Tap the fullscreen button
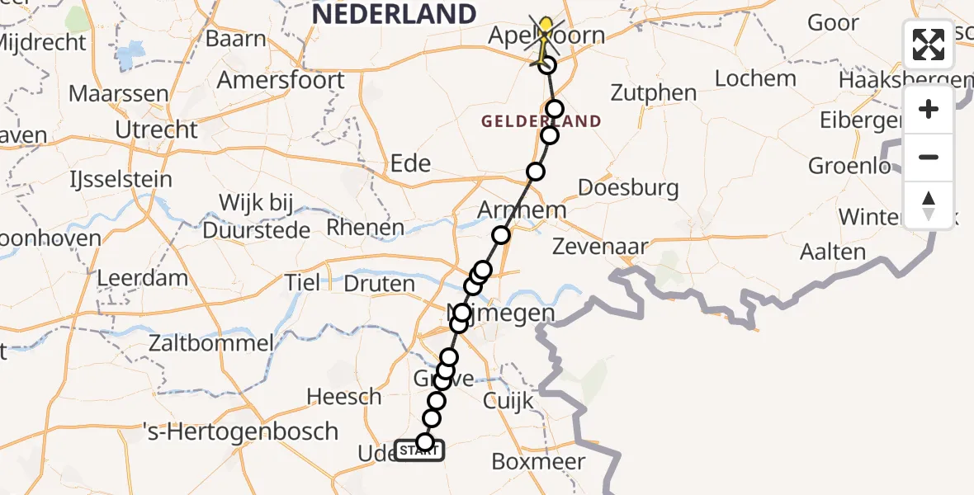point(929,45)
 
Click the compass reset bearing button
point(929,205)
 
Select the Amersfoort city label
point(281,81)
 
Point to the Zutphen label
point(655,92)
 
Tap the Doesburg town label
point(628,187)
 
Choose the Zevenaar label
point(600,245)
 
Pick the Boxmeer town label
point(538,461)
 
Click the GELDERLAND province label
point(541,121)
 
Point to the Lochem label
point(755,78)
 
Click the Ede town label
point(410,163)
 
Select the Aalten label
point(833,252)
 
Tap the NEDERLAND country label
point(395,13)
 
